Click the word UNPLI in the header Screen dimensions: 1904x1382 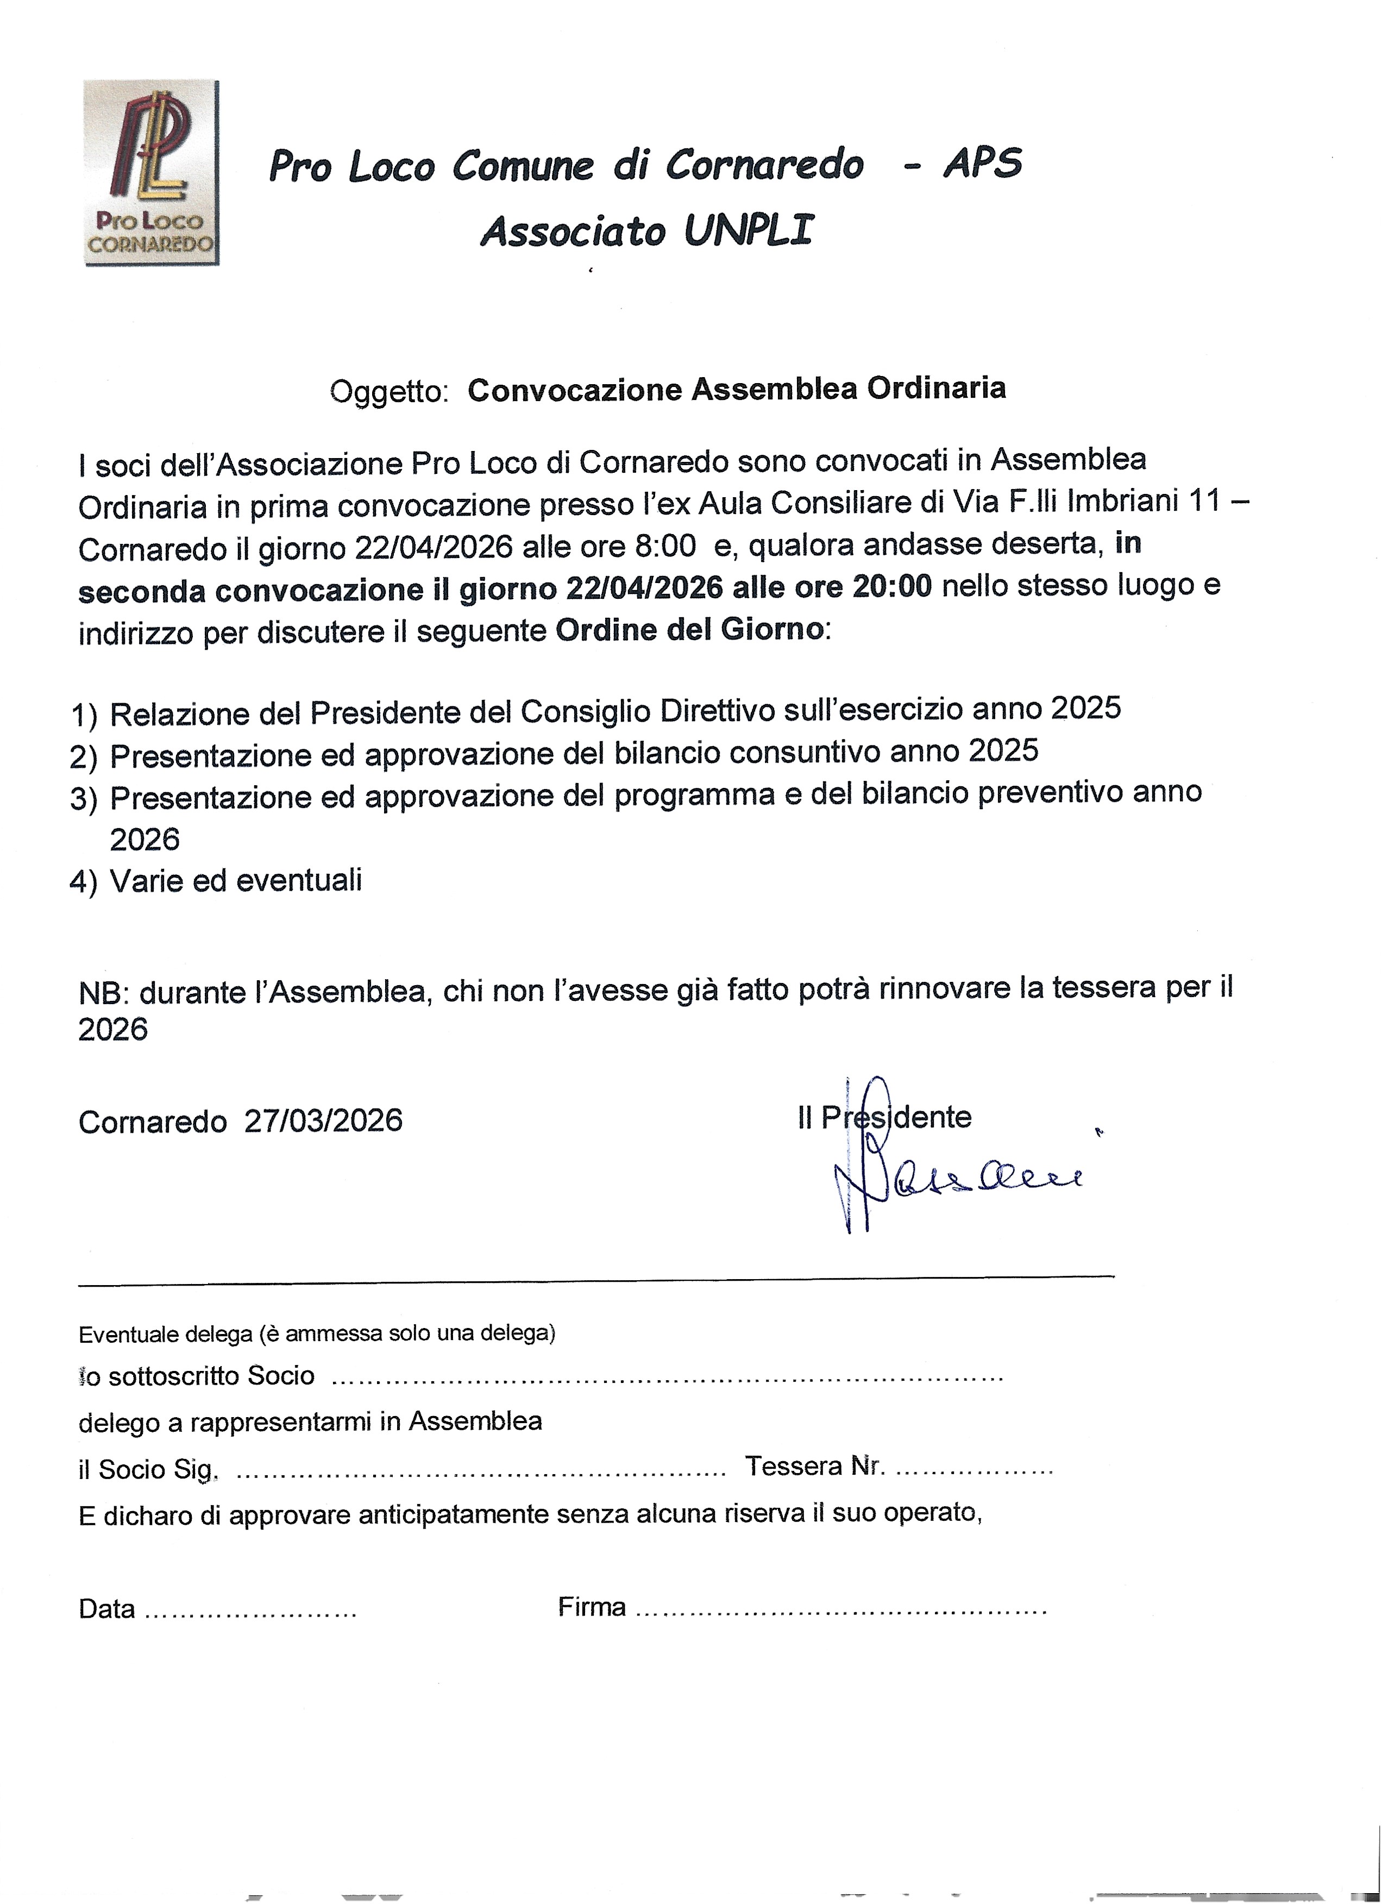click(x=749, y=231)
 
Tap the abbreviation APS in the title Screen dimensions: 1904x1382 click(x=983, y=164)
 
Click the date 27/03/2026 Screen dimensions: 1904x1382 click(x=323, y=1122)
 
